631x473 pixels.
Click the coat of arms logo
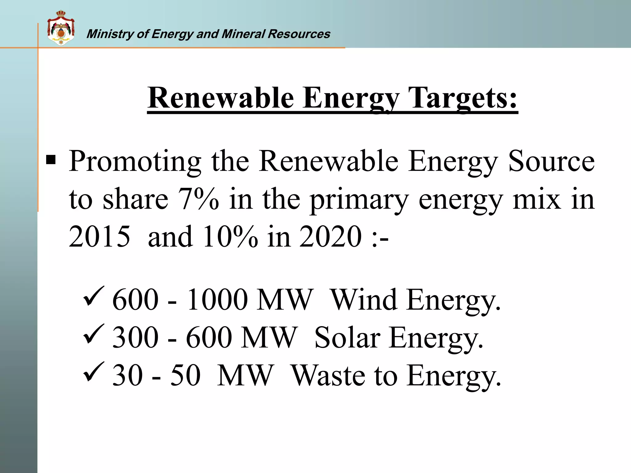[61, 28]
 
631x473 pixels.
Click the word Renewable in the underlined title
[221, 98]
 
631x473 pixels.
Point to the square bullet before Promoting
[51, 160]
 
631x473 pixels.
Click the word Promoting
[135, 162]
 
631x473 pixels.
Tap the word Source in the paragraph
[551, 161]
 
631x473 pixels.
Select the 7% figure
[198, 199]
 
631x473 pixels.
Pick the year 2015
[100, 236]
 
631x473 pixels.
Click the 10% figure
[230, 236]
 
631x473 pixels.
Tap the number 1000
[217, 299]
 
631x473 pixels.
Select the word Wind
[364, 299]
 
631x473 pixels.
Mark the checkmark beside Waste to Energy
[94, 371]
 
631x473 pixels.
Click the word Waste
[328, 375]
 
